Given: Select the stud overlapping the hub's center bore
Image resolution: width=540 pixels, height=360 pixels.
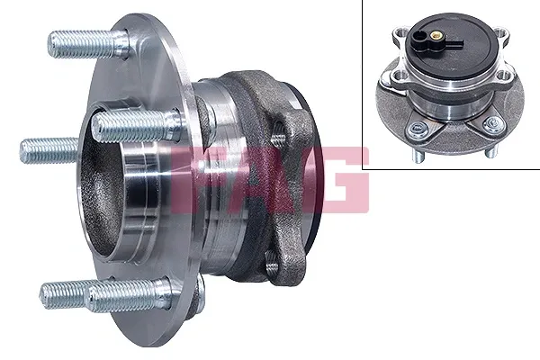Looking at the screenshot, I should click(130, 125).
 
